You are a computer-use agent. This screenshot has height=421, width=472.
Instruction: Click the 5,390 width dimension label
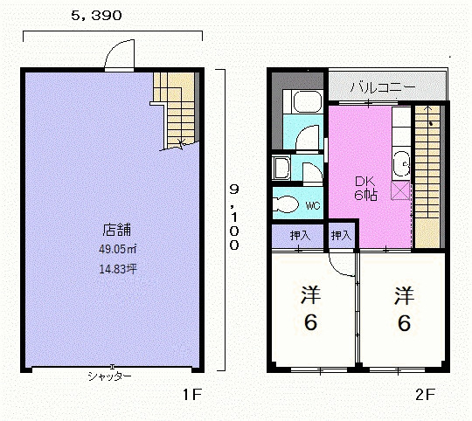97,16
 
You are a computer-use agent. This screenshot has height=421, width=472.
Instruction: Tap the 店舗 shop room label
117,230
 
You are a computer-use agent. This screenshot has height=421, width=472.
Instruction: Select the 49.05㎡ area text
118,249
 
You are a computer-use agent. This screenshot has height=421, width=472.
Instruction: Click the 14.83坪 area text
118,269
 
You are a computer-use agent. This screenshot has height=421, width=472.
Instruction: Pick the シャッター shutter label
109,376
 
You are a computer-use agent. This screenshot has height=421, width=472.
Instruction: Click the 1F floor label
192,395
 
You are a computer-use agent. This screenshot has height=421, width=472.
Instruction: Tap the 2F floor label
426,395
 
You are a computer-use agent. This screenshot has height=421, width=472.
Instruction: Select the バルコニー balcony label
383,87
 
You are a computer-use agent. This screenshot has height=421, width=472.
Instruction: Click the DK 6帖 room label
365,189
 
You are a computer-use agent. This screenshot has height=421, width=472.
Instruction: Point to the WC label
313,205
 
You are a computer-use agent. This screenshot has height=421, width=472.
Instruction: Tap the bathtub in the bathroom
306,101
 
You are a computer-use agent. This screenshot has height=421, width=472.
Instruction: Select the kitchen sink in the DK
402,164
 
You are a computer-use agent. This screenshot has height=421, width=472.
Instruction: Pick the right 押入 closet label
341,236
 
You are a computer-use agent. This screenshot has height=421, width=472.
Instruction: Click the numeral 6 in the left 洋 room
310,322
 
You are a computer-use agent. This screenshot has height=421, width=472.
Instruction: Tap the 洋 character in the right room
404,296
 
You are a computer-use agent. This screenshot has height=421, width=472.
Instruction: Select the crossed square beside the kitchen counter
400,190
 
